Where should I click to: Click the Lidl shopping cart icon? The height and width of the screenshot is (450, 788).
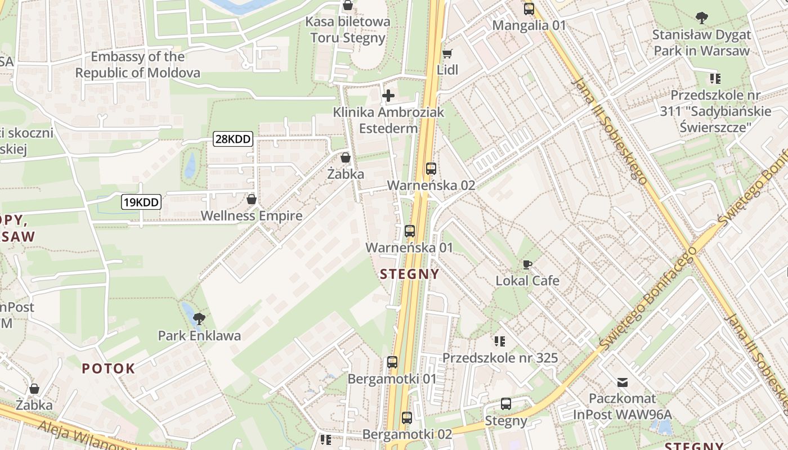(x=447, y=54)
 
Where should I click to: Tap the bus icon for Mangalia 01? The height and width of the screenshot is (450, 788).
(x=529, y=9)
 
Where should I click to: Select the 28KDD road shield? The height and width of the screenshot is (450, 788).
(x=232, y=139)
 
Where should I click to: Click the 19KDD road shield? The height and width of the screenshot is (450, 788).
(x=141, y=202)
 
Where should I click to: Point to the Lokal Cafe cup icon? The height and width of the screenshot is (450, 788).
(x=527, y=264)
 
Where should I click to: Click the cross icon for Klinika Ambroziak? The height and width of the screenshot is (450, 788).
(x=388, y=96)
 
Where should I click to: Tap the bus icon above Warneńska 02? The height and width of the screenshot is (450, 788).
(x=431, y=168)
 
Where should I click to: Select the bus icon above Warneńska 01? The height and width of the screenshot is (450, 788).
(x=410, y=231)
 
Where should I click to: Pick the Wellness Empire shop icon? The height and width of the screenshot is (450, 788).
(x=252, y=199)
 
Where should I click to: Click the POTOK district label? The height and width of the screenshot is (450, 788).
(x=109, y=368)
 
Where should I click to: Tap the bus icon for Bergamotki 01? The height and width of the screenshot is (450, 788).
(x=392, y=362)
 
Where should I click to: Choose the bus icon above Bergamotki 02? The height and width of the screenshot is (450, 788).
(x=407, y=418)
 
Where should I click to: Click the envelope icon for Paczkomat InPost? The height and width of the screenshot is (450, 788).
(x=622, y=382)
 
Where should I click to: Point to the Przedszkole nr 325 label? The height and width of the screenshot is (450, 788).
(x=500, y=358)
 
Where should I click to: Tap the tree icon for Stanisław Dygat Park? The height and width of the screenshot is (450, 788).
(x=701, y=18)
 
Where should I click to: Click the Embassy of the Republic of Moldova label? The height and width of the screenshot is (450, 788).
(x=137, y=65)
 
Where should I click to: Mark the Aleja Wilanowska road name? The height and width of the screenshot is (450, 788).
(x=84, y=436)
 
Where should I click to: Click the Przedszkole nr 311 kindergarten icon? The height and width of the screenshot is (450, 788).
(x=715, y=78)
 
